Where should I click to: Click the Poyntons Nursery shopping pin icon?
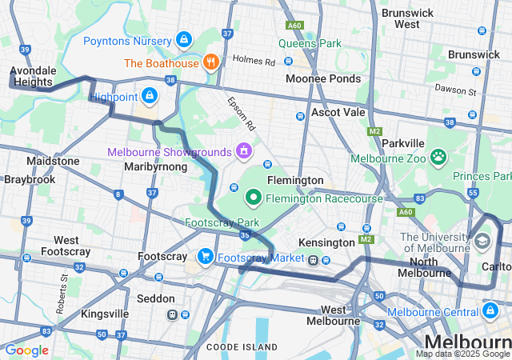pos(184,39)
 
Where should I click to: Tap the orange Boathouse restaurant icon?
pos(211,62)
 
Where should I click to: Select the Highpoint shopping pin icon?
pos(149,96)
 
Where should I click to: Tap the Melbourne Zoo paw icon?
pos(438,157)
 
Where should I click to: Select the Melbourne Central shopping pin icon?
pos(490,310)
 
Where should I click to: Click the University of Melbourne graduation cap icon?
pos(482,240)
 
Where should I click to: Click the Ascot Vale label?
pos(338,112)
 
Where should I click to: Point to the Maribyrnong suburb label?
pos(155,166)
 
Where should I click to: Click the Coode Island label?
pos(242,346)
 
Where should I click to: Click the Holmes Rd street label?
pos(254,61)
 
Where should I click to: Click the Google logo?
pos(26,350)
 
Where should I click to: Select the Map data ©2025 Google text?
pos(462,354)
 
